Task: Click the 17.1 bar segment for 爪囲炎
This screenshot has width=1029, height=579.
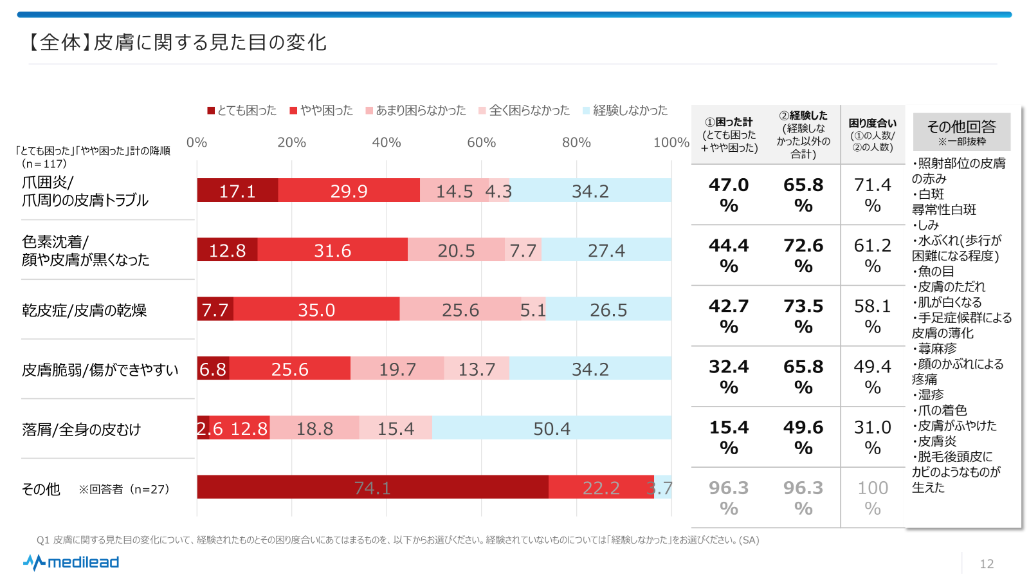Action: (x=237, y=190)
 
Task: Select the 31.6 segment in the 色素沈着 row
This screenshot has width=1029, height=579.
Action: (x=332, y=250)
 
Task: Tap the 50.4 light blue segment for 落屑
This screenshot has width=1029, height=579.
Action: (x=552, y=428)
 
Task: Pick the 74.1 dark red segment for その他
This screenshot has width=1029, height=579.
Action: (x=372, y=487)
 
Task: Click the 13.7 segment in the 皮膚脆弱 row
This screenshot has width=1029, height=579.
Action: (x=477, y=369)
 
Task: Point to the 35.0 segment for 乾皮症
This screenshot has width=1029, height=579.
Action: (x=316, y=309)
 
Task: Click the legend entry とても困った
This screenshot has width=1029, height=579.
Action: (x=242, y=111)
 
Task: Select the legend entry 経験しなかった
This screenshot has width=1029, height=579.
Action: (x=625, y=111)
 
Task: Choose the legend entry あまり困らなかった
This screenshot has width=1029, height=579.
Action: (x=415, y=111)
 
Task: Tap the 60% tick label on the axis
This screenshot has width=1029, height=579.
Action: (x=481, y=142)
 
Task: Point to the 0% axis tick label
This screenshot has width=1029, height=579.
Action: (x=197, y=142)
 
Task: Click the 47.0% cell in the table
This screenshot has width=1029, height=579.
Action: (x=729, y=194)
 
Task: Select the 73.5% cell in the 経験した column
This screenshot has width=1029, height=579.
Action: (x=803, y=315)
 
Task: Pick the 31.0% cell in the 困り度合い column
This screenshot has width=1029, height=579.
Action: (x=873, y=437)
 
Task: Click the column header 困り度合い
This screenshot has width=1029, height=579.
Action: (x=873, y=134)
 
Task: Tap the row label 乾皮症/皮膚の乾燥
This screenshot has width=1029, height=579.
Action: (x=84, y=310)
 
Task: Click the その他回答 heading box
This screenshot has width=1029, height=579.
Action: (x=961, y=131)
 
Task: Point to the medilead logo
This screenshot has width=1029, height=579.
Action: (x=71, y=562)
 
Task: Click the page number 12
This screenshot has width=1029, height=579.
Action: (x=987, y=564)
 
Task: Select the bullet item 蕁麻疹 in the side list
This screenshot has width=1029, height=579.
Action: (x=936, y=349)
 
